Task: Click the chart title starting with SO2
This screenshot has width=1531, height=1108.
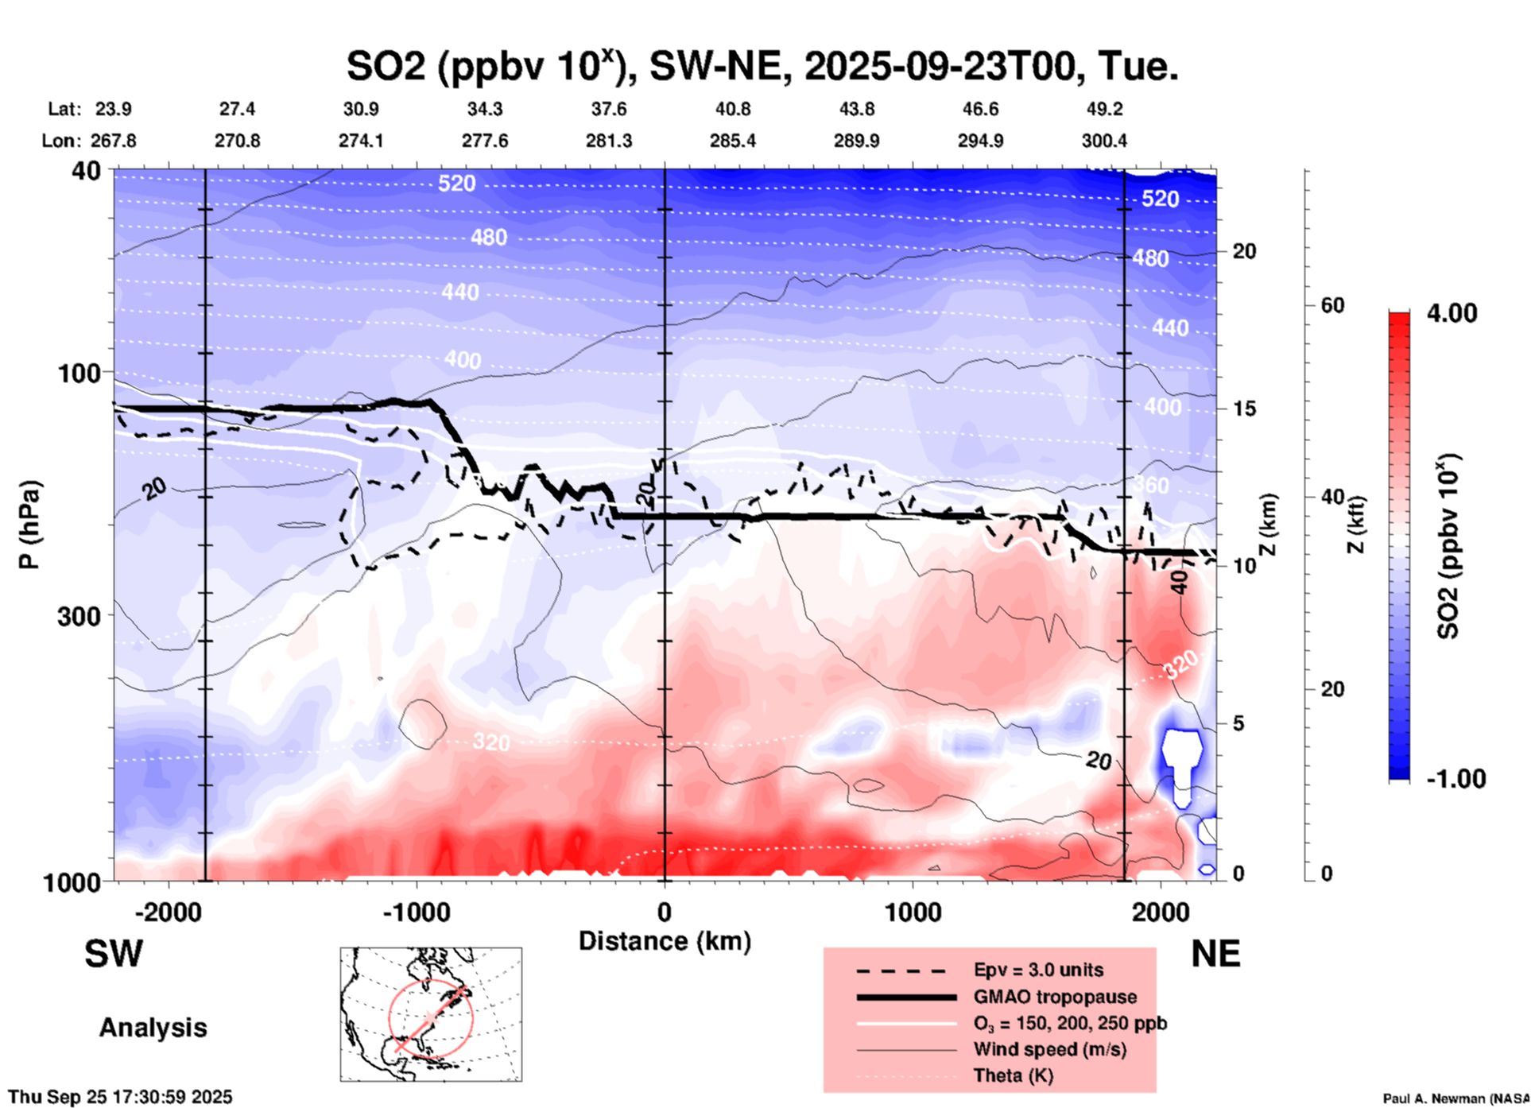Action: (x=762, y=67)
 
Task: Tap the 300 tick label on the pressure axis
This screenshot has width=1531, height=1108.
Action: (x=79, y=616)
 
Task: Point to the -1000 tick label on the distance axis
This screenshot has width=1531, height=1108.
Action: (x=416, y=912)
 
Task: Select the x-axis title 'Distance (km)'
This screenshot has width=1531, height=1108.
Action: (x=665, y=941)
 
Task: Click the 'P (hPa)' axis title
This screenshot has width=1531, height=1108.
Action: (x=29, y=525)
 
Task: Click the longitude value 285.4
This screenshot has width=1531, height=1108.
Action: (x=732, y=141)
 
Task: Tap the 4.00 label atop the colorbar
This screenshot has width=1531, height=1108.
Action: (x=1452, y=313)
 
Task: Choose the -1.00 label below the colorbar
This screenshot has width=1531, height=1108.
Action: (x=1455, y=779)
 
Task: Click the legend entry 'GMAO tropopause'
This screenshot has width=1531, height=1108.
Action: (x=1055, y=997)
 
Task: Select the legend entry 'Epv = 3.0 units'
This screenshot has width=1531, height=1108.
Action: (x=1038, y=970)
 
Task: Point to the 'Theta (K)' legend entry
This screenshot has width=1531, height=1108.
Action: (x=1013, y=1075)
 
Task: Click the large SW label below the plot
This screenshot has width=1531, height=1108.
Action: (x=114, y=954)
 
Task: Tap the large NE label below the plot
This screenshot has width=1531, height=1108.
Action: (x=1215, y=954)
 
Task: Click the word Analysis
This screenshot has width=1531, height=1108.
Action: (x=153, y=1028)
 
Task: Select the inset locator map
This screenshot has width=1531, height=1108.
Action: (x=431, y=1014)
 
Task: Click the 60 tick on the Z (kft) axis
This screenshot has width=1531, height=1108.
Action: (x=1332, y=305)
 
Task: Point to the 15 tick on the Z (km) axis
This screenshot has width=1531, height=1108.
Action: (x=1245, y=409)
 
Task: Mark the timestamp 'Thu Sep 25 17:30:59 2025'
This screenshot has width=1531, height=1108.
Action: (x=120, y=1097)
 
